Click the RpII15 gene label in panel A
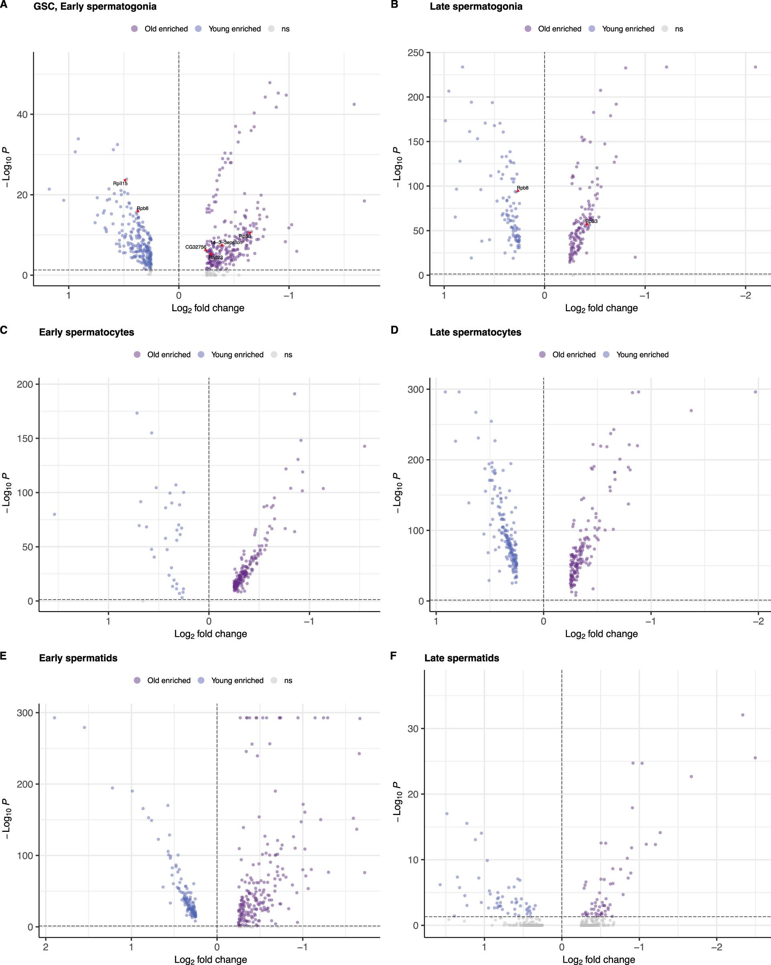point(120,184)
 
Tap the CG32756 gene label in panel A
point(196,247)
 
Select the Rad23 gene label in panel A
point(215,257)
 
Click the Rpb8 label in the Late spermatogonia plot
point(523,188)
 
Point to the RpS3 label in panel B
point(591,221)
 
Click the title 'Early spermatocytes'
point(86,332)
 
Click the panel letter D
point(394,330)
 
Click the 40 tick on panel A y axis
point(22,115)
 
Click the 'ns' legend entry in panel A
point(285,28)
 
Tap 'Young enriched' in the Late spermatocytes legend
point(642,355)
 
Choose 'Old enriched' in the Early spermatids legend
point(169,680)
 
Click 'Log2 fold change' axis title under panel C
point(210,634)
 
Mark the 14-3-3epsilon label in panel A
point(226,242)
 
